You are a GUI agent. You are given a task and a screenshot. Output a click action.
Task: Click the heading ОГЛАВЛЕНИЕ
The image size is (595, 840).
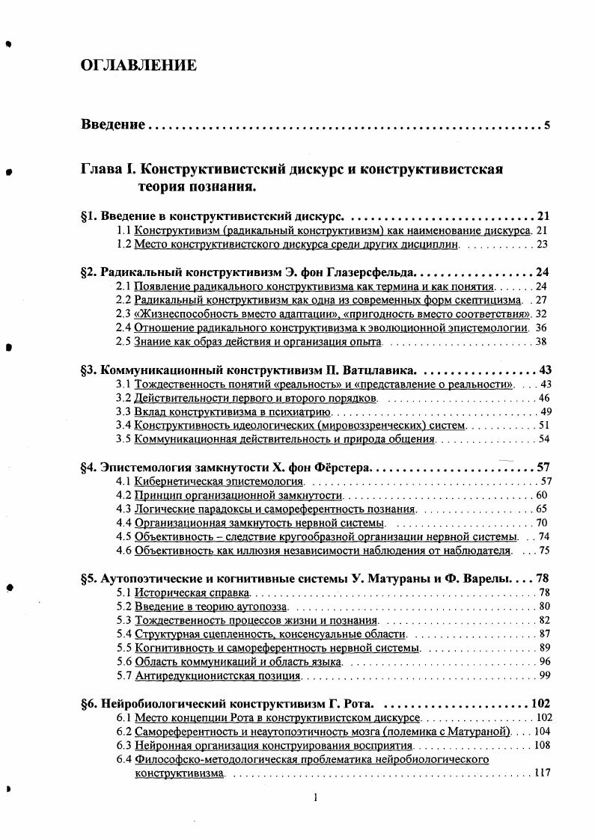coord(138,66)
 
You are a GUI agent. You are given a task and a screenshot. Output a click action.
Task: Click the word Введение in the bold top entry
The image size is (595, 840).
coord(112,125)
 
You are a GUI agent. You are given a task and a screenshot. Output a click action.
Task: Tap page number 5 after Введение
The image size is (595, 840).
coord(547,125)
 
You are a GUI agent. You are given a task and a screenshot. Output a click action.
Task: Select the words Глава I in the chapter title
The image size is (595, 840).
coord(108,169)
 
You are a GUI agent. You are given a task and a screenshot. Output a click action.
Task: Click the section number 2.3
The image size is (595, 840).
coord(124,313)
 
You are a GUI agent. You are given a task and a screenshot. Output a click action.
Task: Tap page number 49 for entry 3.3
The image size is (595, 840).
coord(545,411)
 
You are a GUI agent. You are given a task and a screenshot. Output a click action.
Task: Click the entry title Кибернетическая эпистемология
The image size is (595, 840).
coord(219,482)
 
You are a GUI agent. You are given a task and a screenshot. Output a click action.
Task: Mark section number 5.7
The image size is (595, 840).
coord(124,675)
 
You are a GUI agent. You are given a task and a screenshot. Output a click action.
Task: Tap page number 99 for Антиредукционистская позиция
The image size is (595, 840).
coord(544,675)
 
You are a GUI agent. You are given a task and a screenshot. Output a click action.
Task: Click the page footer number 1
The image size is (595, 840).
coord(316,797)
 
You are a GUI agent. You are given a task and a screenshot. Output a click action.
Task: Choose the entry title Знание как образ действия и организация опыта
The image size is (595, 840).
coord(258,342)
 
